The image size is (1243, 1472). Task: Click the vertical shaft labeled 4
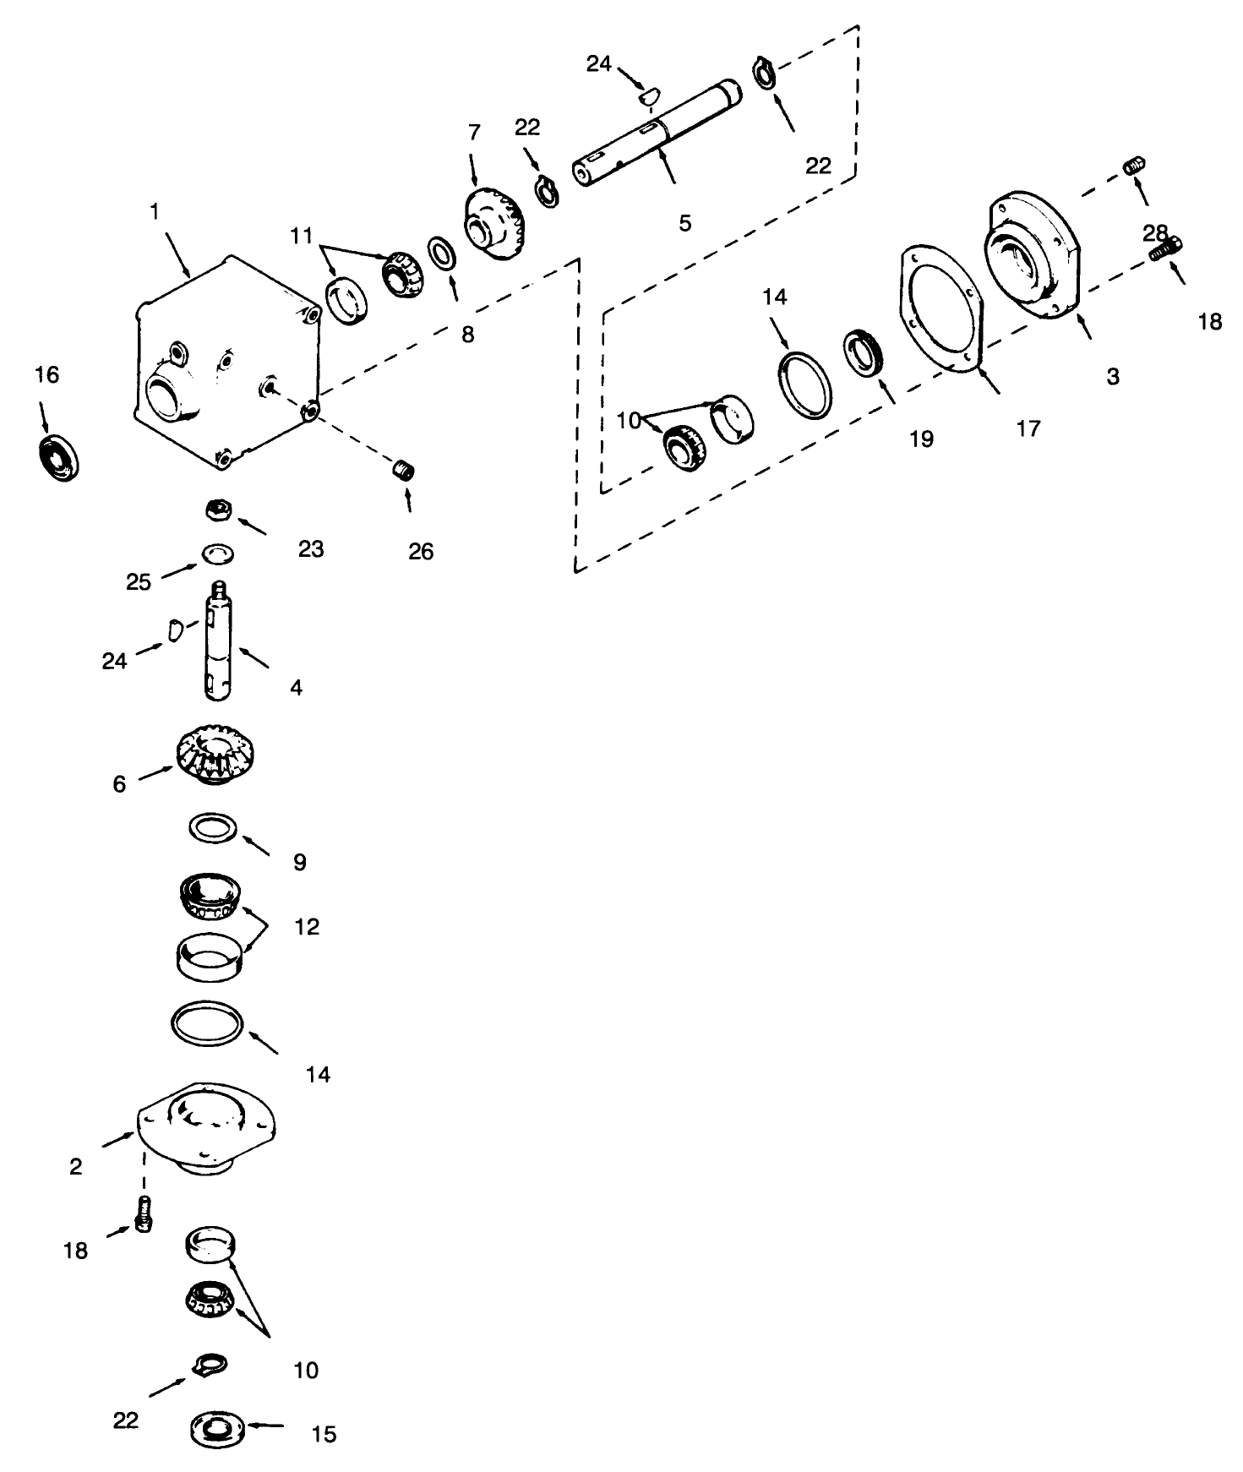tap(217, 643)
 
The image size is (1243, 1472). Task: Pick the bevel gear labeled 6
tap(216, 754)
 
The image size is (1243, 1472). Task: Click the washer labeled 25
tap(218, 554)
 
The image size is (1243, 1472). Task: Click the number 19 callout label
tap(921, 439)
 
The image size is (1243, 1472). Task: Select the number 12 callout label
tap(307, 927)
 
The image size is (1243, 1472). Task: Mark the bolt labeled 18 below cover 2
tap(144, 1215)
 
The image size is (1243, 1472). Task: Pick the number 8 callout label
tap(467, 335)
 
